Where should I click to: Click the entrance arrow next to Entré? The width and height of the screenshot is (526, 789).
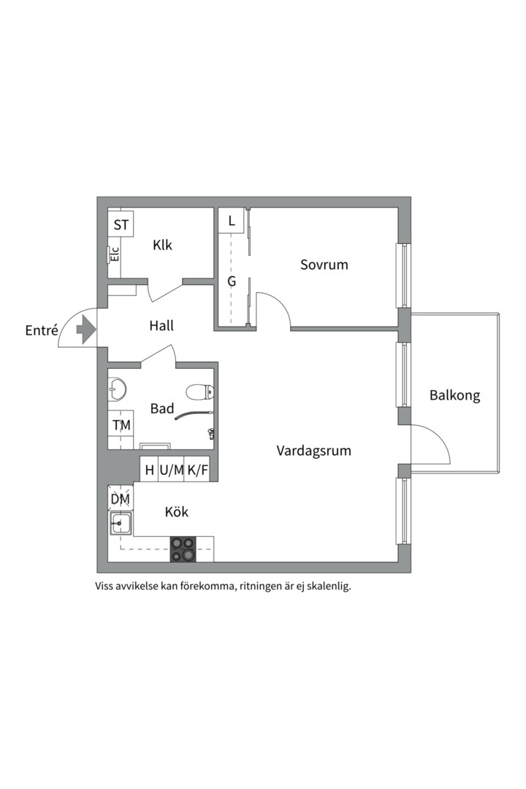86,329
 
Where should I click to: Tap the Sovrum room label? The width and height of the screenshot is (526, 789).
324,264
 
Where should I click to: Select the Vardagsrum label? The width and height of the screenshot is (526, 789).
313,450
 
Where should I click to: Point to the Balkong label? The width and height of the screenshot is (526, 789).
454,395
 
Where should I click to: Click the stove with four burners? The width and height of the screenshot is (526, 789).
183,549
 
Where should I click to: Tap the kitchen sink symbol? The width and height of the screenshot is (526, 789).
121,524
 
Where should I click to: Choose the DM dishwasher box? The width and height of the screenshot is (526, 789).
121,499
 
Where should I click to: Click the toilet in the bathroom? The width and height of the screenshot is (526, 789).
200,391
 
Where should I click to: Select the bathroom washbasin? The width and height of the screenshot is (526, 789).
117,389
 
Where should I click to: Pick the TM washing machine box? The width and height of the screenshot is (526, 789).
121,425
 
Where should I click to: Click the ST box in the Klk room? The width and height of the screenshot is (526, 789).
121,224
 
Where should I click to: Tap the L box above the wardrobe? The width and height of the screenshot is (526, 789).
231,221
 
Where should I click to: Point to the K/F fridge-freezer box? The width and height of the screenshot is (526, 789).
197,470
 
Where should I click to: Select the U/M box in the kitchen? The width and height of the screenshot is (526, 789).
171,470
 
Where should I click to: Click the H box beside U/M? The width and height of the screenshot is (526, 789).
149,470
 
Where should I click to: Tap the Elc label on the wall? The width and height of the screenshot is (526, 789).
115,254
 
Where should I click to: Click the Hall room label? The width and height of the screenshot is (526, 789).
161,326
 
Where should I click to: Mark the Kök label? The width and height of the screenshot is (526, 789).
177,511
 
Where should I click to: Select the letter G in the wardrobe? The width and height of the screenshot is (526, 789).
232,281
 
